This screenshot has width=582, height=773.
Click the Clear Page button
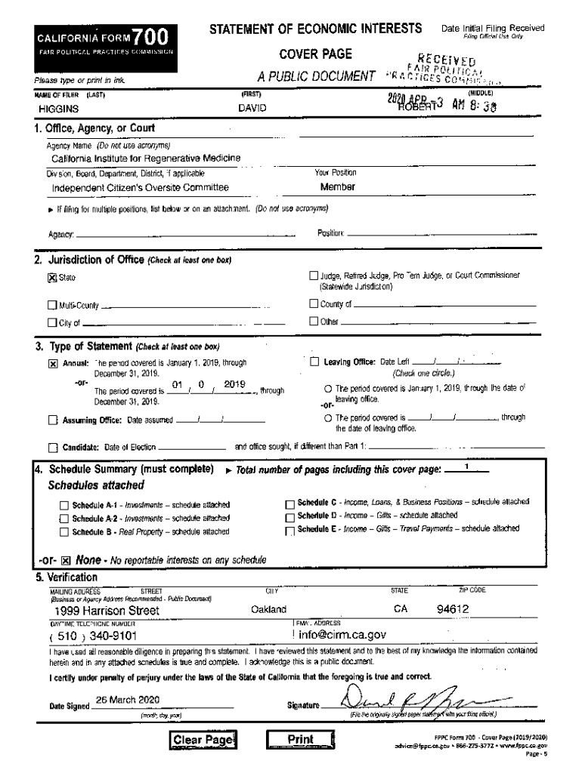(x=203, y=740)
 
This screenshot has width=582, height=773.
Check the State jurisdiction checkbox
(x=53, y=278)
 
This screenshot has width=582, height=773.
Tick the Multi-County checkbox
(x=53, y=306)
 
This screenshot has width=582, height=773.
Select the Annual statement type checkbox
(x=53, y=363)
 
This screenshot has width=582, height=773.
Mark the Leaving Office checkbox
(x=314, y=362)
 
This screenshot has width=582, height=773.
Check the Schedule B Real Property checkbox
(x=64, y=532)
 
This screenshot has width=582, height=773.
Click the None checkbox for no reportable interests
(x=66, y=560)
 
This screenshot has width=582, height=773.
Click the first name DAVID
(x=252, y=109)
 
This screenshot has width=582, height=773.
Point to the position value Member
(x=338, y=186)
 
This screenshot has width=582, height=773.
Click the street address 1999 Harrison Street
(x=107, y=610)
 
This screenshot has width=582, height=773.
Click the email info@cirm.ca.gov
(x=342, y=635)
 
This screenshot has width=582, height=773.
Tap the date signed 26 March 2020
(x=128, y=699)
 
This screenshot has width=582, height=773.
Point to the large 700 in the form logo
(x=148, y=36)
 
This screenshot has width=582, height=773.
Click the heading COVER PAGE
(x=316, y=54)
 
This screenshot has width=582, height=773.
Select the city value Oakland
(x=268, y=609)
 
